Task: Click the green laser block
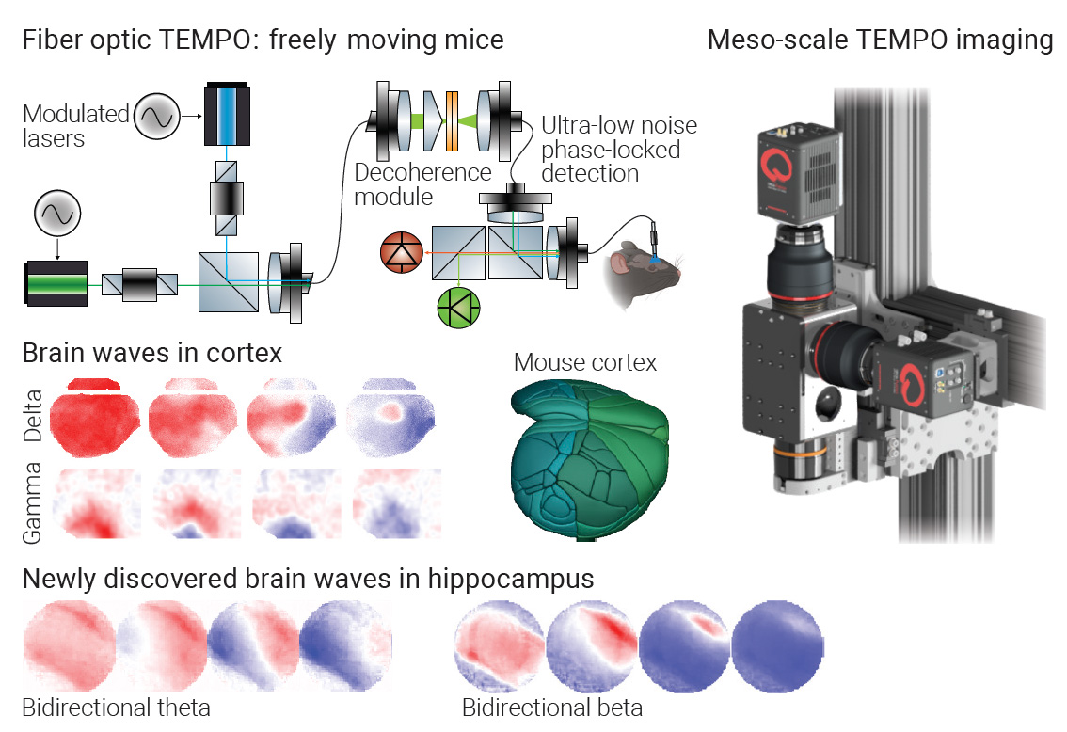(56, 283)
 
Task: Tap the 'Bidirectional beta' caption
(552, 707)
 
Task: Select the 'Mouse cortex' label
(585, 362)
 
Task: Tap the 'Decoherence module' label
(422, 184)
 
